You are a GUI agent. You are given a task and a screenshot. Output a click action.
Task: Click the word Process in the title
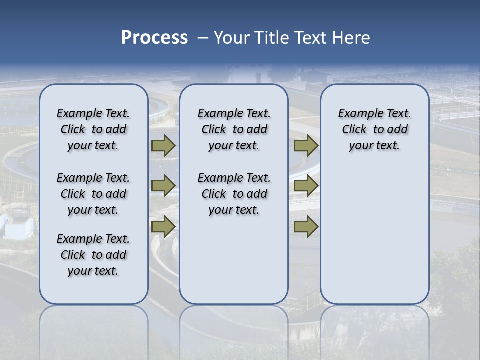click(x=154, y=37)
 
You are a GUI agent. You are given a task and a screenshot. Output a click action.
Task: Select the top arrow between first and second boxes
click(x=163, y=146)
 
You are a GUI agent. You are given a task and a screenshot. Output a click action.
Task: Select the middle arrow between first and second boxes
click(x=163, y=186)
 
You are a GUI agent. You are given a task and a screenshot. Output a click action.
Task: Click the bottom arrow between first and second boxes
click(x=163, y=227)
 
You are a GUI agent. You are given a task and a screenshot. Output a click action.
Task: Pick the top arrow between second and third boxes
click(x=306, y=146)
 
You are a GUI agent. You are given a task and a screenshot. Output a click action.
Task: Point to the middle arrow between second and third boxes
click(x=306, y=186)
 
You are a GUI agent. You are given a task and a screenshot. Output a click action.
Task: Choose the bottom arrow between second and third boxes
click(x=306, y=227)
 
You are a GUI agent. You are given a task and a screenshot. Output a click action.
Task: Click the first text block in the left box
click(x=93, y=129)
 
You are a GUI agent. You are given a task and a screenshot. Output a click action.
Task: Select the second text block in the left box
click(x=93, y=194)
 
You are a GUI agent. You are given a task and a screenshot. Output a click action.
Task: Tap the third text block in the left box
click(x=93, y=255)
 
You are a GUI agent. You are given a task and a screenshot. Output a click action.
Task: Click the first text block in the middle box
click(x=234, y=129)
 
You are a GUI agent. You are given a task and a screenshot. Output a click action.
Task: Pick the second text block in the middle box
click(x=234, y=194)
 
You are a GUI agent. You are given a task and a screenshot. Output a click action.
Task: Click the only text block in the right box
click(x=374, y=129)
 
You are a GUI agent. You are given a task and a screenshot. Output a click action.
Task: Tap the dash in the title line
click(x=203, y=38)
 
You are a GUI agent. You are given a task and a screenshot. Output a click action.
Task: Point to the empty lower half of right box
click(x=374, y=240)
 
